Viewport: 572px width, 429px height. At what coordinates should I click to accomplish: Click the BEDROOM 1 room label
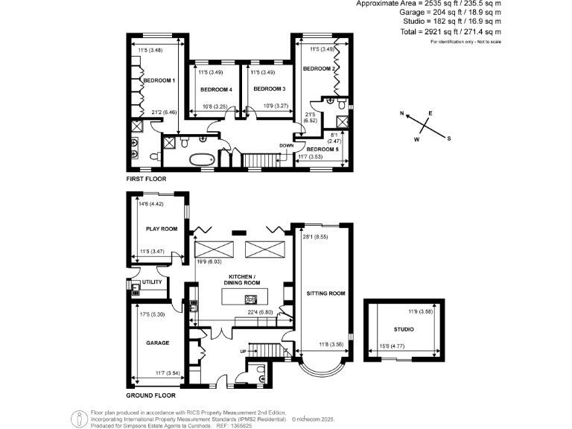[x=159, y=80]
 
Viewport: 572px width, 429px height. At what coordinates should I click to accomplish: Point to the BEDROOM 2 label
[x=317, y=69]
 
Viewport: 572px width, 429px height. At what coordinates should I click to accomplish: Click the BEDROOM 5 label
[x=322, y=149]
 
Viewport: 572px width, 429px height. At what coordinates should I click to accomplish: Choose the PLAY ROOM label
[x=161, y=229]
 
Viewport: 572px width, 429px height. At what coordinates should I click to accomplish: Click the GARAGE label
[x=157, y=343]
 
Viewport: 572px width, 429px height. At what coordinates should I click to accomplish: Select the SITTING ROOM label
[x=326, y=294]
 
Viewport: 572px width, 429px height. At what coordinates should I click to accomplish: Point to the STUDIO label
[x=404, y=328]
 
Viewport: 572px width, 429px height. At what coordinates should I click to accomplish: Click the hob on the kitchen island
[x=250, y=299]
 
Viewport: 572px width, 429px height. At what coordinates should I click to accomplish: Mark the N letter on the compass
[x=401, y=114]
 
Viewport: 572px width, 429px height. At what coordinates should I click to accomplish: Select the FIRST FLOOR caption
[x=146, y=179]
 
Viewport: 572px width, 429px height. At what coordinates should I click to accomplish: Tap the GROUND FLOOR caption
[x=150, y=396]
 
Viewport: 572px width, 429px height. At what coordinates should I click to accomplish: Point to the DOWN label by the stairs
[x=286, y=145]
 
